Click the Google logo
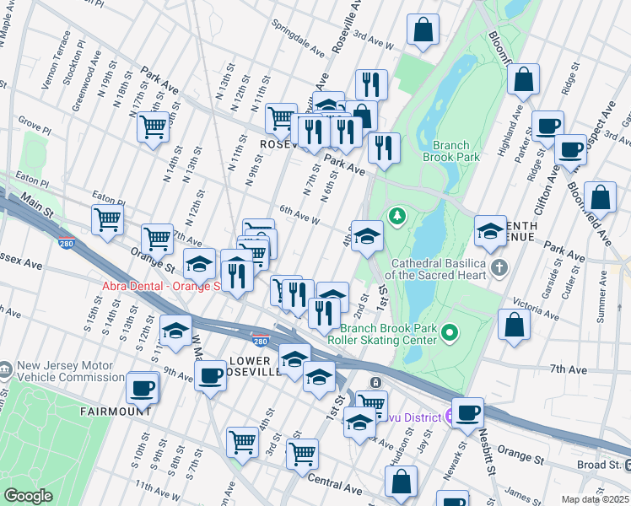coord(28,496)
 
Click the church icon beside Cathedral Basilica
coord(499,269)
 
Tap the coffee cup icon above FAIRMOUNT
coord(142,388)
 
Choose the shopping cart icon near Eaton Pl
coord(107,219)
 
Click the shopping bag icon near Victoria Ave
coord(514,324)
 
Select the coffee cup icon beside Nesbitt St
coord(468,412)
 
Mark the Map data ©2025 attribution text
coord(594,499)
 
